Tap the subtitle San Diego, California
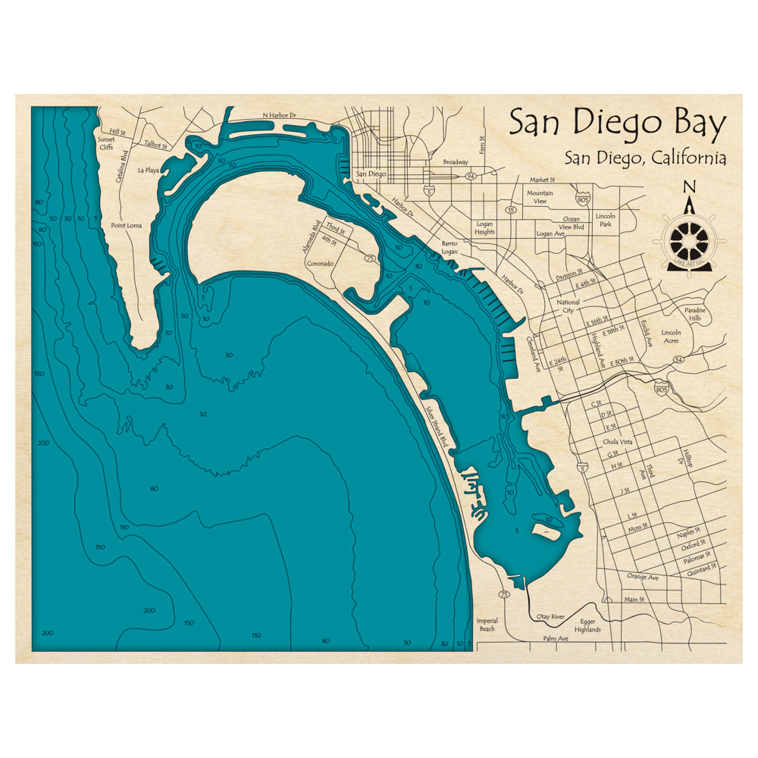coord(645,158)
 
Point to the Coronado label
coord(320,264)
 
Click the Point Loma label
coord(127,225)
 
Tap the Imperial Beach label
coord(487,625)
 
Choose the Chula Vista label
coord(617,441)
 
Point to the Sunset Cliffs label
coord(105,143)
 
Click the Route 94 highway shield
coord(471,176)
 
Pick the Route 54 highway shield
coord(679,359)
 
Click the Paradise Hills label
coord(694,315)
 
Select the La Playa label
coord(149,171)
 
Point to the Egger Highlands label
coord(587,625)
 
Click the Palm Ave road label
coord(556,639)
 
